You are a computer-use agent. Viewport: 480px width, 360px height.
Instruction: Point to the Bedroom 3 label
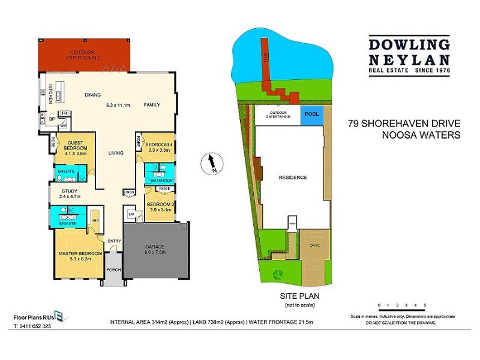161,205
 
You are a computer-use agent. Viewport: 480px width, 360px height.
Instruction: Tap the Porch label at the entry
114,269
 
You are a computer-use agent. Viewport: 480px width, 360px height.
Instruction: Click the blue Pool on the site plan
312,113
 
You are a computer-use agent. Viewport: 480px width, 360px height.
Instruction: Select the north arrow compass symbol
211,163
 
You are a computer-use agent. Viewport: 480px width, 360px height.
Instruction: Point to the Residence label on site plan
292,178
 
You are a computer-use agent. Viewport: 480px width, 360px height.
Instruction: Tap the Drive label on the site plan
314,245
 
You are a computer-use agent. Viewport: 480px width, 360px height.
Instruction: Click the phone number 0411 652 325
37,327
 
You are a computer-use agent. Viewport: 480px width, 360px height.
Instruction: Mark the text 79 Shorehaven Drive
404,125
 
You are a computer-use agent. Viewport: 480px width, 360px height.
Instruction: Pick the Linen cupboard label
128,193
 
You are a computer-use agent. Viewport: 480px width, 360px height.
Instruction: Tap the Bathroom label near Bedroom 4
161,179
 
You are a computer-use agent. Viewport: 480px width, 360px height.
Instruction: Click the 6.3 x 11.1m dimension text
118,105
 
